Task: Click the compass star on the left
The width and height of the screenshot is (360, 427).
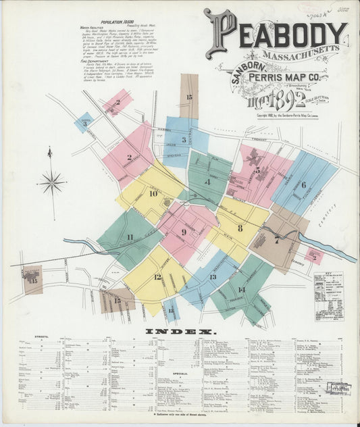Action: tap(51, 182)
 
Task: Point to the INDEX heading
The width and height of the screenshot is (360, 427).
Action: tap(180, 332)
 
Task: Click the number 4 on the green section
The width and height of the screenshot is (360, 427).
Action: tap(207, 182)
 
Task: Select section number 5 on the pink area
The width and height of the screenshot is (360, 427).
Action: tap(257, 170)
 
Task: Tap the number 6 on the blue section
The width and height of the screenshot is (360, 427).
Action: tap(303, 184)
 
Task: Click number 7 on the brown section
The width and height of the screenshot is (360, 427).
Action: tap(276, 240)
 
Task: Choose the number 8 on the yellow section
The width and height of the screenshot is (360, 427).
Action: tap(240, 228)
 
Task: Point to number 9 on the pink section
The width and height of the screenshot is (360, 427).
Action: tap(183, 232)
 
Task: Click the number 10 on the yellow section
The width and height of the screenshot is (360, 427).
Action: tap(153, 193)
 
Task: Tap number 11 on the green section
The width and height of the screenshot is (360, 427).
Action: tap(129, 237)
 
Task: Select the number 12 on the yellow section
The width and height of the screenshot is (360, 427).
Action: tap(157, 276)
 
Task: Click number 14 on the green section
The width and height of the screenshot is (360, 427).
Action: tap(241, 289)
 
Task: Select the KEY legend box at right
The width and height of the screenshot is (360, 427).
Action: tap(328, 296)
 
